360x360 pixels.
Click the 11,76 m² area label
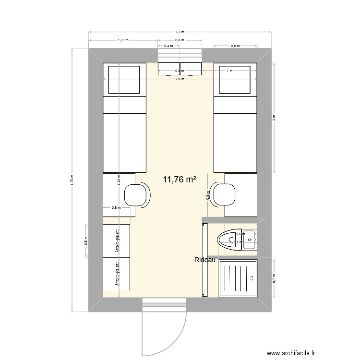tap(180, 180)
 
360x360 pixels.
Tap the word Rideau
tap(205, 260)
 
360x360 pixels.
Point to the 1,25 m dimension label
tap(123, 40)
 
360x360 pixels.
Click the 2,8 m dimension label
tap(180, 79)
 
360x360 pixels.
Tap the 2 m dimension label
tap(274, 117)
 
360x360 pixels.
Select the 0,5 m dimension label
tap(115, 208)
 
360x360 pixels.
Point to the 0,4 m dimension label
tap(169, 46)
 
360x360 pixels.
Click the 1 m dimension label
tap(230, 71)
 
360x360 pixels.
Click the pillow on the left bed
tap(125, 80)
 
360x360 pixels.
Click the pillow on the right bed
tap(235, 80)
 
